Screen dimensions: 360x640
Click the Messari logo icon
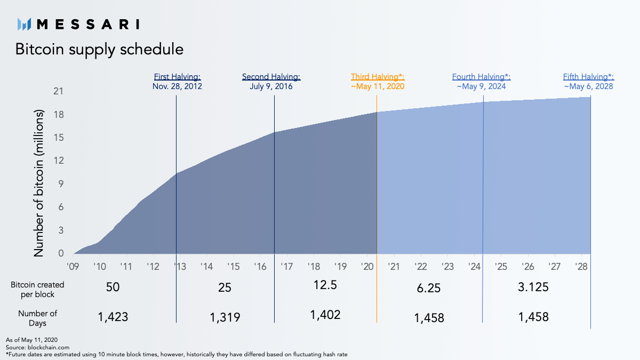25,24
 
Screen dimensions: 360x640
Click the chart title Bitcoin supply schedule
99,50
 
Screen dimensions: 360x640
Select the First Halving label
177,77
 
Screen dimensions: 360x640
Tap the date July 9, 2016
271,86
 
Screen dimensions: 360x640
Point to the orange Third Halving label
378,77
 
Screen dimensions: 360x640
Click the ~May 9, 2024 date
481,86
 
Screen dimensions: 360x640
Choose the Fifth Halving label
588,77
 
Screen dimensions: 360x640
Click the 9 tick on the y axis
61,184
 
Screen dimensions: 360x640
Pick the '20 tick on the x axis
367,266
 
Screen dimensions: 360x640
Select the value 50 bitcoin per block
113,287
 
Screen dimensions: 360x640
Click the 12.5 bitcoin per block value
325,285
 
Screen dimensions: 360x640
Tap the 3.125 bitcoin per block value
533,287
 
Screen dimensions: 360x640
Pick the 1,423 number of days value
113,317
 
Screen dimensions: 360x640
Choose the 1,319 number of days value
225,317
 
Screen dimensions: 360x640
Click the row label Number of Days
37,318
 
